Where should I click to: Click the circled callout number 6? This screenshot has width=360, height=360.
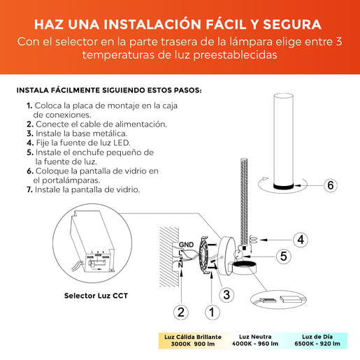tap(331, 185)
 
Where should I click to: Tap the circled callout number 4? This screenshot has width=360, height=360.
tap(301, 240)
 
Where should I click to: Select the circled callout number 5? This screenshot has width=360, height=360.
tap(283, 257)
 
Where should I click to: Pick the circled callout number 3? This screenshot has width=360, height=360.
tap(226, 294)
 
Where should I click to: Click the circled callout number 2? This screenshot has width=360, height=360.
tap(181, 312)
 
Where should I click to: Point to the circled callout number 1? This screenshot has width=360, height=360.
tap(212, 312)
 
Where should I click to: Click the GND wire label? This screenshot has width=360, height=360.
tap(186, 245)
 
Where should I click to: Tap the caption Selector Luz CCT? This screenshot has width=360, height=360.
tap(96, 296)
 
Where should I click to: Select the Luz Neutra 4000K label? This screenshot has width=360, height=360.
tap(255, 340)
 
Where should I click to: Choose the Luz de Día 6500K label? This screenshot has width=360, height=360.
tap(317, 340)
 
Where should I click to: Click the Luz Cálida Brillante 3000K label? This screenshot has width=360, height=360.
tap(193, 340)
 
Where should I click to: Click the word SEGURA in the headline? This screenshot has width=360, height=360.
tap(292, 24)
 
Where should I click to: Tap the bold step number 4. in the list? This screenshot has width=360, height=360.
tap(30, 143)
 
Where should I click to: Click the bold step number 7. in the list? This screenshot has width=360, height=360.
tap(29, 189)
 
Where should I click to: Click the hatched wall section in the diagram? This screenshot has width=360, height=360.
tap(169, 257)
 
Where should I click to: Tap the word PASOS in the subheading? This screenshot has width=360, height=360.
tap(188, 90)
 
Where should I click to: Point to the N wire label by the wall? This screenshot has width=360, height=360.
tap(180, 265)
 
